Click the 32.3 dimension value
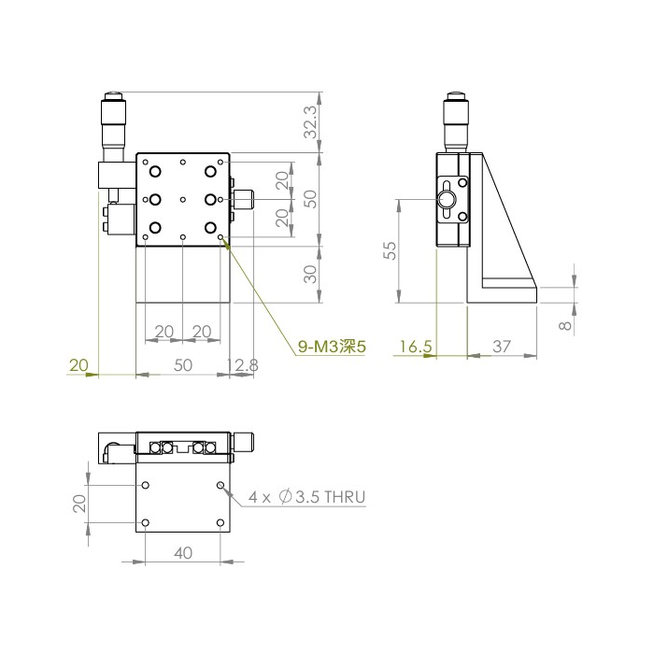[311, 121]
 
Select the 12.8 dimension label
[242, 365]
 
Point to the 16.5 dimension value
[416, 347]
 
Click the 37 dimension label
[502, 347]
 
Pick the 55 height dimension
[391, 250]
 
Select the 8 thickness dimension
[565, 325]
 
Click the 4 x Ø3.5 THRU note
[307, 497]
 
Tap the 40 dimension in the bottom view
[183, 553]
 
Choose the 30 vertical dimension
[311, 274]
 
